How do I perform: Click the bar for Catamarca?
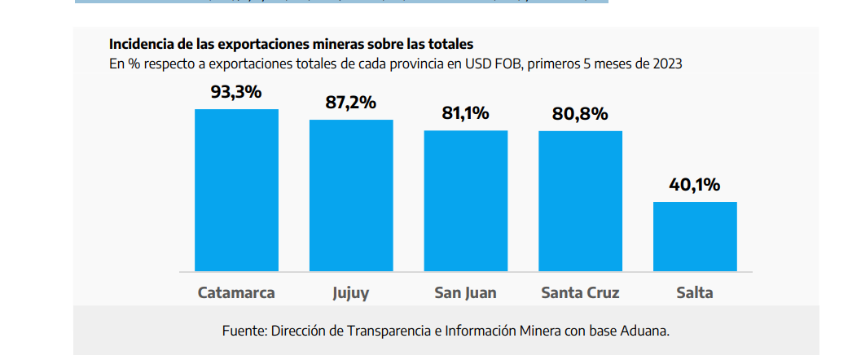(x=236, y=190)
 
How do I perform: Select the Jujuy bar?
(x=351, y=195)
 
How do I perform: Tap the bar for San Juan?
(x=465, y=200)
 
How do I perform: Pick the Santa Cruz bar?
(x=580, y=200)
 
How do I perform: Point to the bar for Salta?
(x=695, y=236)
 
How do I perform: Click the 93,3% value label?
(x=236, y=92)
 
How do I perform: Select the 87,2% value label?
(x=351, y=103)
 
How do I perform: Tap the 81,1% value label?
(x=465, y=113)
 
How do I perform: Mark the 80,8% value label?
(x=580, y=113)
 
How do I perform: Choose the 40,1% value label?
(x=695, y=185)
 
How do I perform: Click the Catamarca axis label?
(x=236, y=292)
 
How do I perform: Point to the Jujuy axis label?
(x=351, y=293)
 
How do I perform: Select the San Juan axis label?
(x=465, y=292)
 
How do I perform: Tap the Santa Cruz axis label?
(x=580, y=292)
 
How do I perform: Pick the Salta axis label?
(x=695, y=292)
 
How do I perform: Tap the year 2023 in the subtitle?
(x=666, y=63)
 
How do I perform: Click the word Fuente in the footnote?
(x=244, y=331)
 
